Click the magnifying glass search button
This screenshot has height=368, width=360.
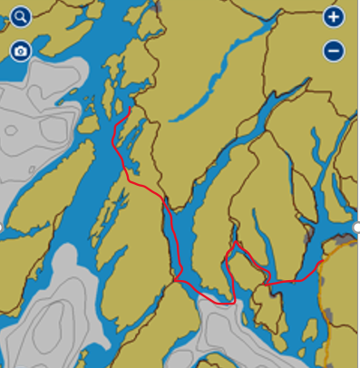pos(20,17)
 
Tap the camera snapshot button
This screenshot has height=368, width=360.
pos(20,50)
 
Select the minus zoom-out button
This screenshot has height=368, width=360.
pos(333,51)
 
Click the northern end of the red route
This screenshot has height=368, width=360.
pos(131,109)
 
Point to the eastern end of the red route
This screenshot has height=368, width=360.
pos(325,261)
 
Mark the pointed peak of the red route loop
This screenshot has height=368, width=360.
pos(236,243)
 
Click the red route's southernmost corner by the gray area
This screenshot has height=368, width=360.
pos(232,302)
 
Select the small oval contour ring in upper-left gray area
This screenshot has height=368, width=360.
pos(10,131)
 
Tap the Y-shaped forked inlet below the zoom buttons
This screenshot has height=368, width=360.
pos(317,145)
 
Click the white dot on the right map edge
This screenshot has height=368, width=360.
pos(356,227)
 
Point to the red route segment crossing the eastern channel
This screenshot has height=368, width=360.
pos(295,282)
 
